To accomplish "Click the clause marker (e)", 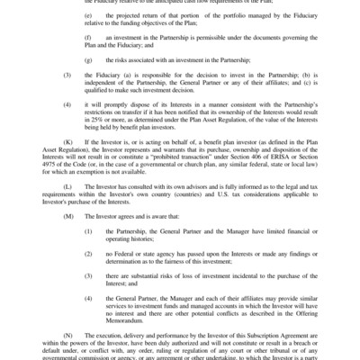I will coord(86,16).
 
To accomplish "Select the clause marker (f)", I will coord(86,37).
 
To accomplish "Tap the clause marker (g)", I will coord(86,58).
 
